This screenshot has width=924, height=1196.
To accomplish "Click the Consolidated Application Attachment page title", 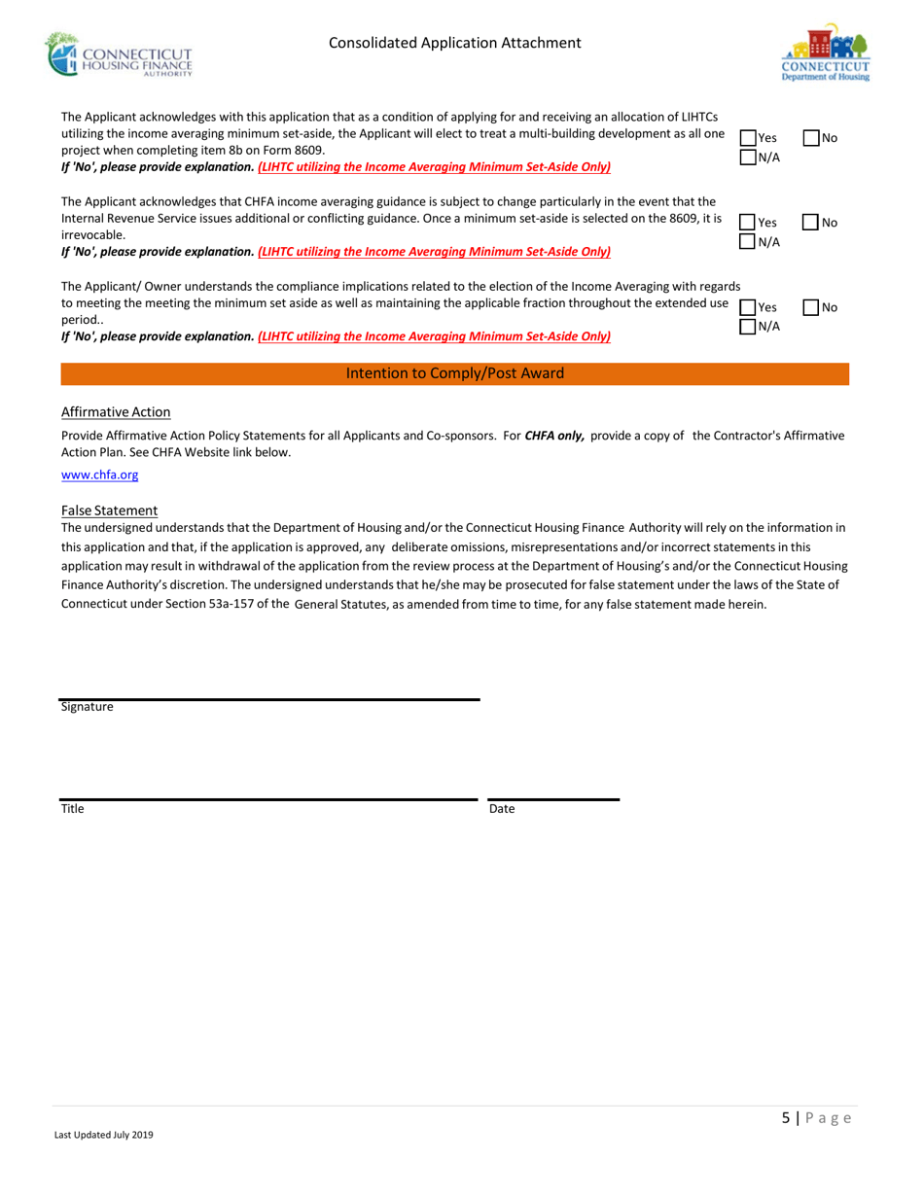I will tap(455, 43).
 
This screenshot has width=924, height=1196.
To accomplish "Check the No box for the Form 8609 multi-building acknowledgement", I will tap(811, 139).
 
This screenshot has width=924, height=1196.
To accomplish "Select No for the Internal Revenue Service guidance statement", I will tap(811, 224).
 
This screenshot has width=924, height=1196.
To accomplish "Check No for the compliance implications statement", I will tap(811, 308).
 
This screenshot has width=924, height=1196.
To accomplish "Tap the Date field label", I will tap(501, 808).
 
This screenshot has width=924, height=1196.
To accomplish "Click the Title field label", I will tap(72, 808).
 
